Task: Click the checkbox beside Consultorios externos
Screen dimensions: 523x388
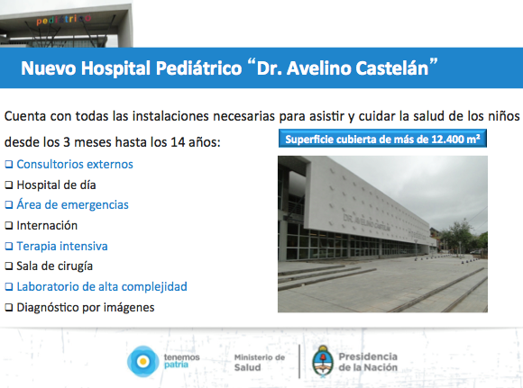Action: click(9, 165)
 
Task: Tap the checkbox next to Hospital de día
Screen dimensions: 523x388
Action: click(9, 185)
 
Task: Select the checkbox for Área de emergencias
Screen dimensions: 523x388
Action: click(9, 205)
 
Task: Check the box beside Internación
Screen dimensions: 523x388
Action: click(9, 226)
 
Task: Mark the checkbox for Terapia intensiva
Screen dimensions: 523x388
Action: click(9, 247)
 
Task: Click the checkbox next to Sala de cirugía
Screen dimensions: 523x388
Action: click(9, 266)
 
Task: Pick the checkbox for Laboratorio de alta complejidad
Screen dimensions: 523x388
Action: click(9, 287)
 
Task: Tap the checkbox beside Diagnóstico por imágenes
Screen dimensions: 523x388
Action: click(9, 308)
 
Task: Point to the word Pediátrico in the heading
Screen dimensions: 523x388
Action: click(198, 68)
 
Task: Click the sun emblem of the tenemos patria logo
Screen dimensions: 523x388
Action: click(143, 361)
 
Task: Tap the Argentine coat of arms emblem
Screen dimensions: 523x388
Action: click(323, 361)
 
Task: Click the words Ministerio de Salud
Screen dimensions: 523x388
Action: click(260, 363)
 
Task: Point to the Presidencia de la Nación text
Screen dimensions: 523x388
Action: click(368, 362)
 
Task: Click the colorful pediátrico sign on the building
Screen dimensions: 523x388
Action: click(63, 20)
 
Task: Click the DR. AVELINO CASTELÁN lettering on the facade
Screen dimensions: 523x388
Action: click(367, 224)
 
